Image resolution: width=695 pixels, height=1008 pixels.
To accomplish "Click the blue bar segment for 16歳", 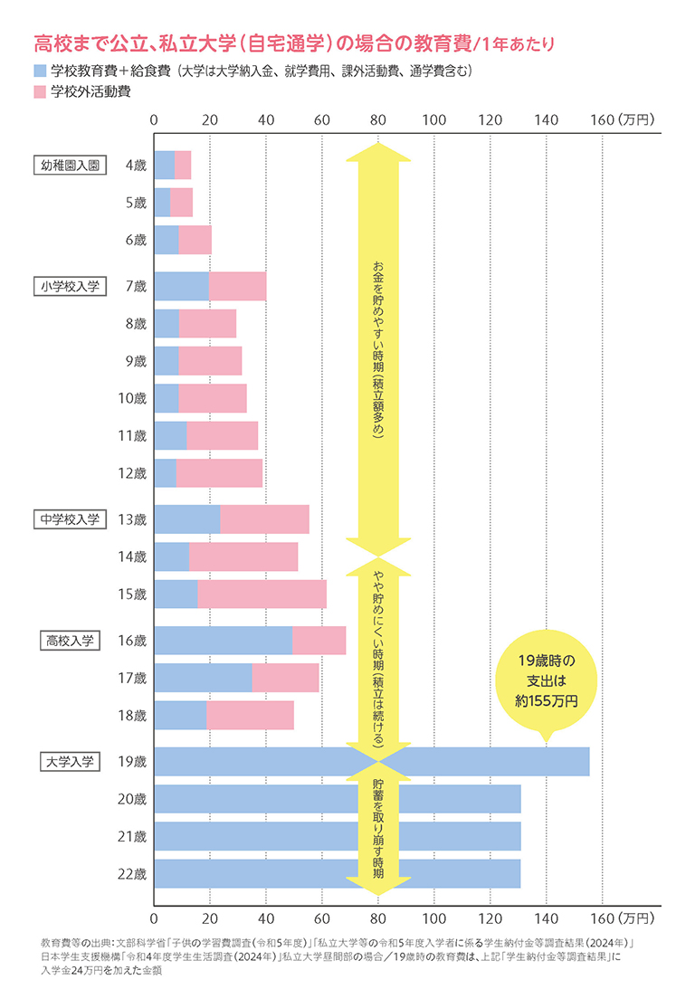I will pyautogui.click(x=223, y=641).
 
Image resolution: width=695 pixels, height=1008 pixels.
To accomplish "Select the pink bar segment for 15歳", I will pyautogui.click(x=262, y=594).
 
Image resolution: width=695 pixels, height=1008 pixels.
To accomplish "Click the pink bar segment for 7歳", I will pyautogui.click(x=237, y=286).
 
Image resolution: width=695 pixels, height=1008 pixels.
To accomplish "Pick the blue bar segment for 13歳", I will pyautogui.click(x=187, y=519).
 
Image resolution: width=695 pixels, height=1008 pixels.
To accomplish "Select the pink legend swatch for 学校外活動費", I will pyautogui.click(x=40, y=92).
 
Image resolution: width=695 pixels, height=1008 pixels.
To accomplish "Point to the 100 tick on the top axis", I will pyautogui.click(x=434, y=119).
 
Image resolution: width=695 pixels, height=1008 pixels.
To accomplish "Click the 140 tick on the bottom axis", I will pyautogui.click(x=547, y=919).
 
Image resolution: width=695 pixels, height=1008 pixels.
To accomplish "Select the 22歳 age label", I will pyautogui.click(x=133, y=874).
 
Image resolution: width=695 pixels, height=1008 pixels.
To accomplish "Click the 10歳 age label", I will pyautogui.click(x=133, y=398).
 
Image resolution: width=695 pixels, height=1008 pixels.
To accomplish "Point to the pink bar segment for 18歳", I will pyautogui.click(x=250, y=715).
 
